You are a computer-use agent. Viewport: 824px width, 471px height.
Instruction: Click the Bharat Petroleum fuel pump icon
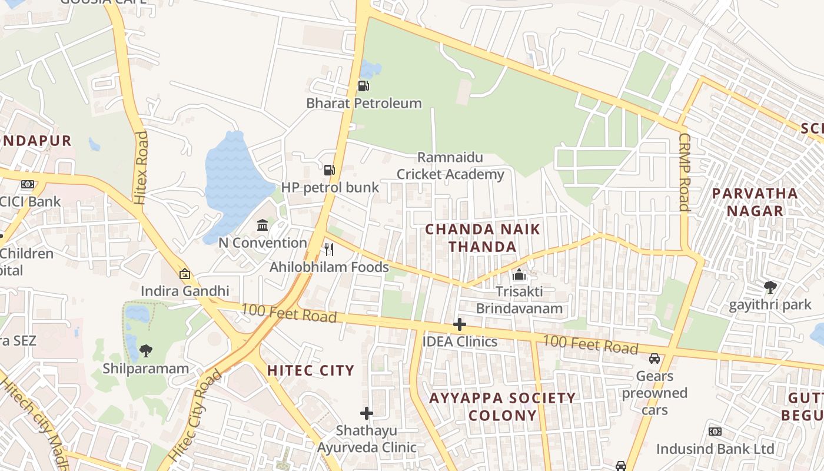pyautogui.click(x=364, y=86)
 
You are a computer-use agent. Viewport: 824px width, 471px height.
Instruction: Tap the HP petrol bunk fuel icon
pyautogui.click(x=330, y=170)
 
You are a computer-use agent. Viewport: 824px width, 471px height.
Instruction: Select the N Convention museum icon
pyautogui.click(x=263, y=225)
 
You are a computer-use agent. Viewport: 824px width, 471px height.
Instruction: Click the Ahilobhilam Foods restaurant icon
pyautogui.click(x=329, y=250)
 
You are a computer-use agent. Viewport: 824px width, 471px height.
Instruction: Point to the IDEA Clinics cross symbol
pyautogui.click(x=460, y=324)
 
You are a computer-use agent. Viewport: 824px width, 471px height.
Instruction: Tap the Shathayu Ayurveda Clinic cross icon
pyautogui.click(x=367, y=413)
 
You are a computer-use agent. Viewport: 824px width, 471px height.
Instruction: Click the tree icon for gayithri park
pyautogui.click(x=770, y=287)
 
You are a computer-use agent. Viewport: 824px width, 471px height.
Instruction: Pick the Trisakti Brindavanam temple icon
pyautogui.click(x=519, y=274)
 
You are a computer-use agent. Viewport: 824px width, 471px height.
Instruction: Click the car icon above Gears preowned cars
pyautogui.click(x=654, y=358)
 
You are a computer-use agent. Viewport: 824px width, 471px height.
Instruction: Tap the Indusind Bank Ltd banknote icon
pyautogui.click(x=715, y=432)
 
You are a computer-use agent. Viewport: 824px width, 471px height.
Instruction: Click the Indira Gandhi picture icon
pyautogui.click(x=185, y=274)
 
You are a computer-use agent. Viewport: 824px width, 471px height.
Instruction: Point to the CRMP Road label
pyautogui.click(x=684, y=171)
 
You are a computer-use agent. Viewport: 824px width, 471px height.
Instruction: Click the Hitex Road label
pyautogui.click(x=141, y=168)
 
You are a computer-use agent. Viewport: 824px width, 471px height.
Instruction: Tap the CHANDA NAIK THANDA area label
pyautogui.click(x=483, y=238)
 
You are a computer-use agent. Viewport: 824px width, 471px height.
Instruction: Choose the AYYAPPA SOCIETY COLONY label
pyautogui.click(x=503, y=406)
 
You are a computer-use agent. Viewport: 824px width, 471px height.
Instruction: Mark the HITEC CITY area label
pyautogui.click(x=311, y=370)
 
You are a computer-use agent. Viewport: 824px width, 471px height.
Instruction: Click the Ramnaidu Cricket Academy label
pyautogui.click(x=450, y=166)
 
